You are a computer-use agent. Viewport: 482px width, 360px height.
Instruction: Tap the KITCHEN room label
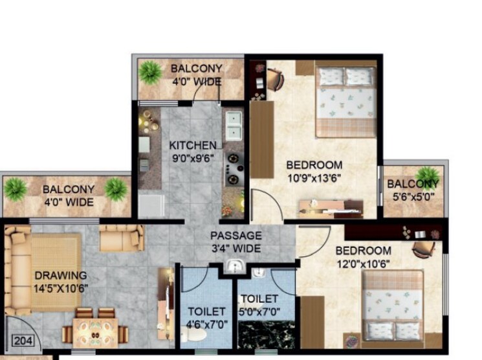point(193,144)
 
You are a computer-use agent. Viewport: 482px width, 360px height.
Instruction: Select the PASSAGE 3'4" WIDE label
point(236,242)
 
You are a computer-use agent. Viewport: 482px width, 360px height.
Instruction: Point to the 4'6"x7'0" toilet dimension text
point(206,324)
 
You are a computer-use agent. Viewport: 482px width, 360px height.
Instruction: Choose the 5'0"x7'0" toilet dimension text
point(259,311)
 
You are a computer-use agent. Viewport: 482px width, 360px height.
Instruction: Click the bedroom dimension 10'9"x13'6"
point(314,178)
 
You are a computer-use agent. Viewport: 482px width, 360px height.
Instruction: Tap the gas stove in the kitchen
point(232,167)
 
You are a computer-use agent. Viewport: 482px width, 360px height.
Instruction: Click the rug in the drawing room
point(54,263)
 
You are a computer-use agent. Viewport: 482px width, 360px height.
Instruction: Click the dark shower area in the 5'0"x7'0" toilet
point(266,336)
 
